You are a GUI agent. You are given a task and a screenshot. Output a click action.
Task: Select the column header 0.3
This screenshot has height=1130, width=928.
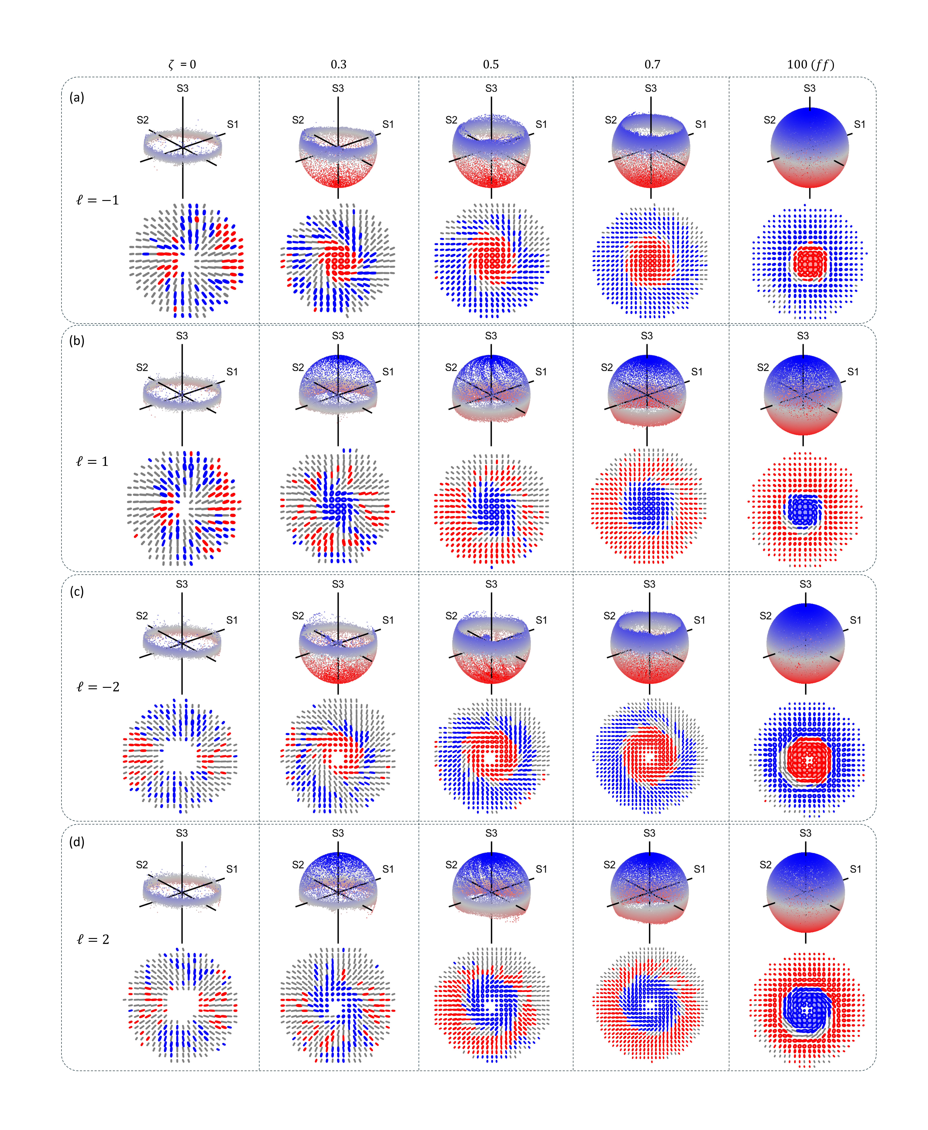[x=338, y=65]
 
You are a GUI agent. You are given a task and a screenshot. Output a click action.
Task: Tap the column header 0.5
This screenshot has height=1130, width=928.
[x=491, y=65]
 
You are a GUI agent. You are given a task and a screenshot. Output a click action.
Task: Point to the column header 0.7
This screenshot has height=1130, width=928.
[x=652, y=65]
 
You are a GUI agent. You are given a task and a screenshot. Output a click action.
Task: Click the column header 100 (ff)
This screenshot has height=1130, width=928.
[x=810, y=65]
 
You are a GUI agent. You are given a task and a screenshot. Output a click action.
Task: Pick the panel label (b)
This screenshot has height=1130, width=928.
[x=77, y=340]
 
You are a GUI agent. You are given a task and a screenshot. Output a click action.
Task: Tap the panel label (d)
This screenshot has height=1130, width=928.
[x=77, y=842]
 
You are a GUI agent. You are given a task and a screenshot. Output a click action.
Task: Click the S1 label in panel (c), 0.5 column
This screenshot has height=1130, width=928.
[x=541, y=620]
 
